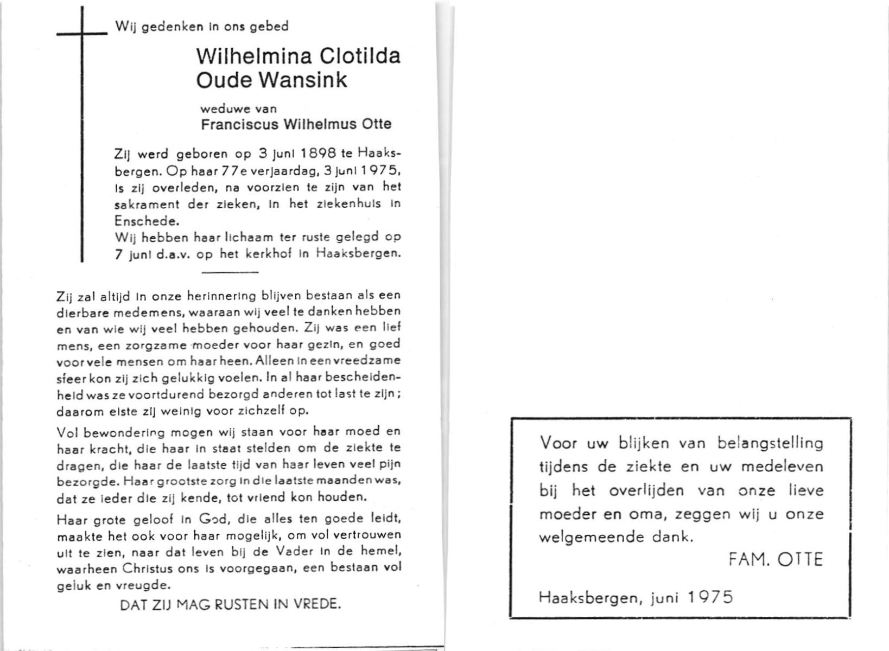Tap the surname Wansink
coord(303,80)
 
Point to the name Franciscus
coord(240,124)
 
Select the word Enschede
coord(146,221)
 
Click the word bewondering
coord(111,432)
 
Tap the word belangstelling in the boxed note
coord(770,444)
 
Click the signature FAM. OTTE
coord(776,559)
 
